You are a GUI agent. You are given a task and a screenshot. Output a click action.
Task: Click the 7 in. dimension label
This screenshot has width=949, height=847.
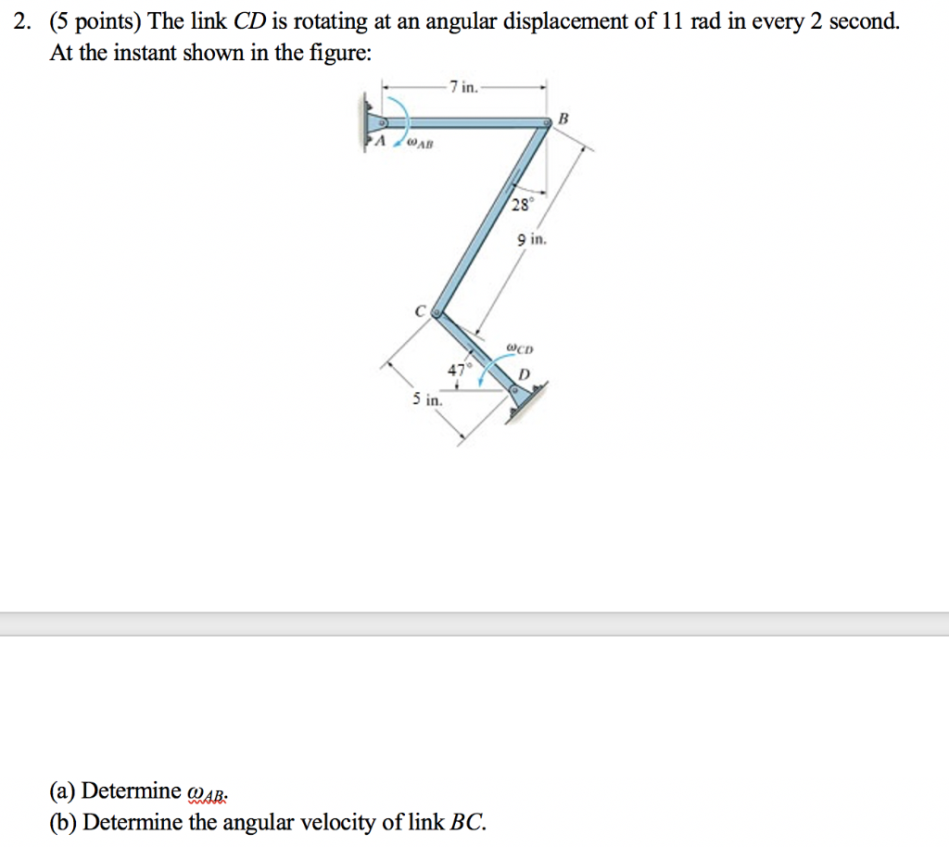(x=463, y=87)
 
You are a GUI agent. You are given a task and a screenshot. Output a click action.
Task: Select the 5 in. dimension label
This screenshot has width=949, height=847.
(x=427, y=401)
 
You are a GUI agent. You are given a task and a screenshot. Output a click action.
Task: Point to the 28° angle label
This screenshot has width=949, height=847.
(x=521, y=204)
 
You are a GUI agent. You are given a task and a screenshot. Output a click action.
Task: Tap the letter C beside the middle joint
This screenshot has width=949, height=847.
(x=420, y=312)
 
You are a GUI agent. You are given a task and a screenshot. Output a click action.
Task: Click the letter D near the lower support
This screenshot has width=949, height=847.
(x=525, y=374)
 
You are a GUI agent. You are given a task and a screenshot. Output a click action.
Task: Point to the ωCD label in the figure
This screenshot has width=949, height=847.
(x=521, y=349)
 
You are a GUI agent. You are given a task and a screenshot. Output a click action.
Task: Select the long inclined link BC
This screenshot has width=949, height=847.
(x=490, y=219)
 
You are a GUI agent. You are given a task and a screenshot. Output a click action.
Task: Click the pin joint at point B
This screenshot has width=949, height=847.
(x=547, y=121)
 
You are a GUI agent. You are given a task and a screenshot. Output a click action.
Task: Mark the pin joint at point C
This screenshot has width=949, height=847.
(x=437, y=314)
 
